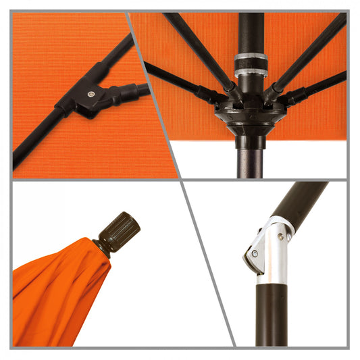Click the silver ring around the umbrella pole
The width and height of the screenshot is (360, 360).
click(x=251, y=63)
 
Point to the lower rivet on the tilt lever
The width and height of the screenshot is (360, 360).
click(x=254, y=255)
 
